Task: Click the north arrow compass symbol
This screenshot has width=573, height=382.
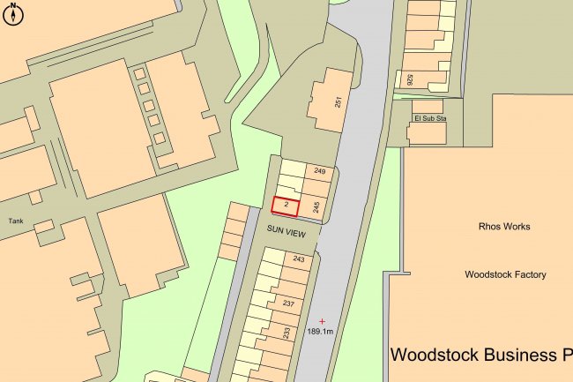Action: [x=14, y=13]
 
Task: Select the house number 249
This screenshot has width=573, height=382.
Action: [x=319, y=170]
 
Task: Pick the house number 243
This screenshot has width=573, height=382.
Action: [x=299, y=259]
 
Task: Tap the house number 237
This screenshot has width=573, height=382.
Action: [x=287, y=304]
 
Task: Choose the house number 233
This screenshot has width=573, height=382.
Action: [x=286, y=333]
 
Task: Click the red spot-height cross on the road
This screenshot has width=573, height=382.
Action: [x=322, y=320]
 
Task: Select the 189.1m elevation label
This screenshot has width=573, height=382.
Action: [x=319, y=332]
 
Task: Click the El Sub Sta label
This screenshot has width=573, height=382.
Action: [x=429, y=116]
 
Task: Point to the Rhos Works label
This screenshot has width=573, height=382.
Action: [x=504, y=227]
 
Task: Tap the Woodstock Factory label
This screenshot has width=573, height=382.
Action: [x=505, y=274]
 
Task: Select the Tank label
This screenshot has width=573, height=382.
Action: [x=15, y=221]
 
